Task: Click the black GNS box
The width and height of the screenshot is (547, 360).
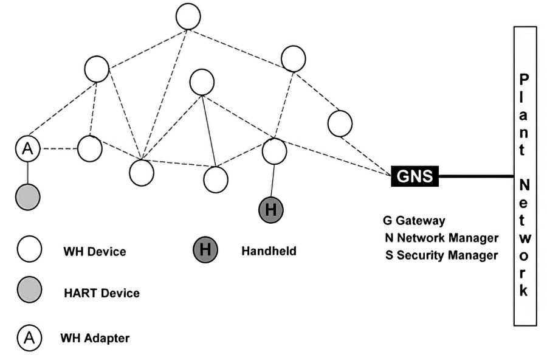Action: coord(415,176)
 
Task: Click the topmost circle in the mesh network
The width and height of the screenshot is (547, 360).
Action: coord(188,16)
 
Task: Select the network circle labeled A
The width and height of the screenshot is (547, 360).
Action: coord(28,148)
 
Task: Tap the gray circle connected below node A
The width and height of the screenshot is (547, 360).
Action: coord(28,197)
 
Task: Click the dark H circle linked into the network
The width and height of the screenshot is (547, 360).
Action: coord(271,210)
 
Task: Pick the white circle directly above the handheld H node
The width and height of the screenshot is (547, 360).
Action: coord(274,151)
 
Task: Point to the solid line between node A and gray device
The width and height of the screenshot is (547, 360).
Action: coord(28,173)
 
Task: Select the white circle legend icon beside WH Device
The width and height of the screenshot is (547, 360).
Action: coord(29,250)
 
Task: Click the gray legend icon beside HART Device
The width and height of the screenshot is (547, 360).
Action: coord(29,290)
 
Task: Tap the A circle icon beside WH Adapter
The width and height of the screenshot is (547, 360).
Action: coord(29,337)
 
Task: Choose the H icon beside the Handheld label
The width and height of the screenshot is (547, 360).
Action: coord(205,250)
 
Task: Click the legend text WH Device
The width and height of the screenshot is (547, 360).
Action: coord(94,251)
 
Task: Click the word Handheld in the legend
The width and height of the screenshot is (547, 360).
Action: coord(269,251)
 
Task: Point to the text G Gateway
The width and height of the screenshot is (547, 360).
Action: coord(414,221)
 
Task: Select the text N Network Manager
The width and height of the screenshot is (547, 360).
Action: coord(441,238)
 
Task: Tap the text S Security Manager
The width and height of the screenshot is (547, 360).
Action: coord(441,255)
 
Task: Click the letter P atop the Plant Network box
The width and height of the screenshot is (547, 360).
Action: coord(524,79)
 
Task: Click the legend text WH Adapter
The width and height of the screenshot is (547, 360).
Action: coord(95,337)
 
